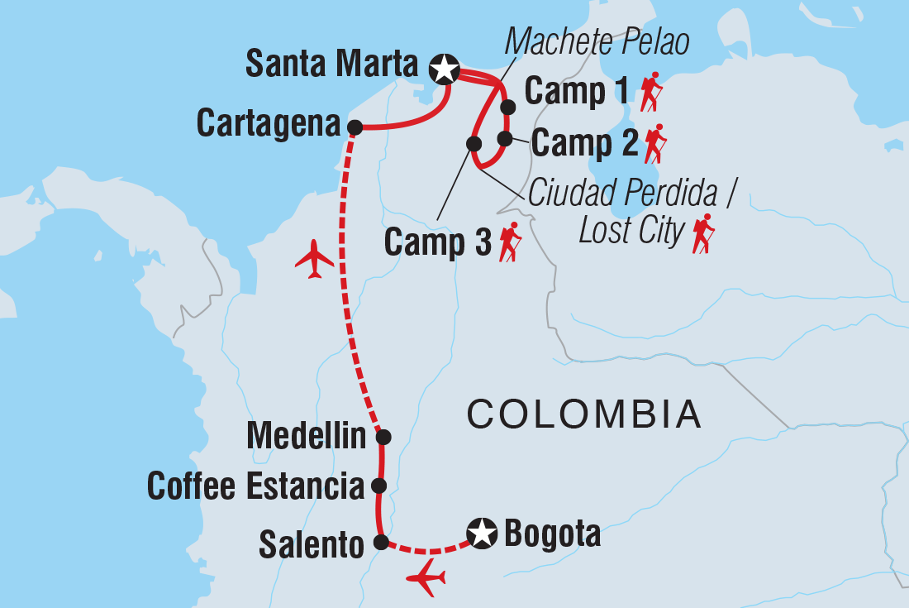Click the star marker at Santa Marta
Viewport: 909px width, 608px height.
tap(445, 69)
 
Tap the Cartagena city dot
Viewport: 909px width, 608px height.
tap(354, 127)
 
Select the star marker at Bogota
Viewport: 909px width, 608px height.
tap(481, 534)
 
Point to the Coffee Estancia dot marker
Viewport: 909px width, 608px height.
tap(378, 486)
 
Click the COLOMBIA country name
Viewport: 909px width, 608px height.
tap(583, 414)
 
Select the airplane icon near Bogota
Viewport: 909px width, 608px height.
tap(426, 577)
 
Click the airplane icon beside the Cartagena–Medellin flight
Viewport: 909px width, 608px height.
tap(315, 258)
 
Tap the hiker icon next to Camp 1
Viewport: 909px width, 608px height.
tap(650, 92)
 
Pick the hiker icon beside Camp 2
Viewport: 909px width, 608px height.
tap(654, 144)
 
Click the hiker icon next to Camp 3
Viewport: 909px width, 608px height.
tap(510, 242)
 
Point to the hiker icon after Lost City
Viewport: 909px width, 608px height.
tap(703, 233)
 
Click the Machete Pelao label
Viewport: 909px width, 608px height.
tap(598, 42)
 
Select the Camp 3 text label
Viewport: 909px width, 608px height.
tap(438, 242)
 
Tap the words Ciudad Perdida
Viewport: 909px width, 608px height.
tap(632, 194)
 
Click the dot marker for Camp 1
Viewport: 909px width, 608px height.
tap(508, 107)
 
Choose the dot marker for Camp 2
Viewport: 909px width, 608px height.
tap(505, 138)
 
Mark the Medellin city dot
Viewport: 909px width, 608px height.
tap(383, 436)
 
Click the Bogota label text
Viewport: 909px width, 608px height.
tap(552, 535)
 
